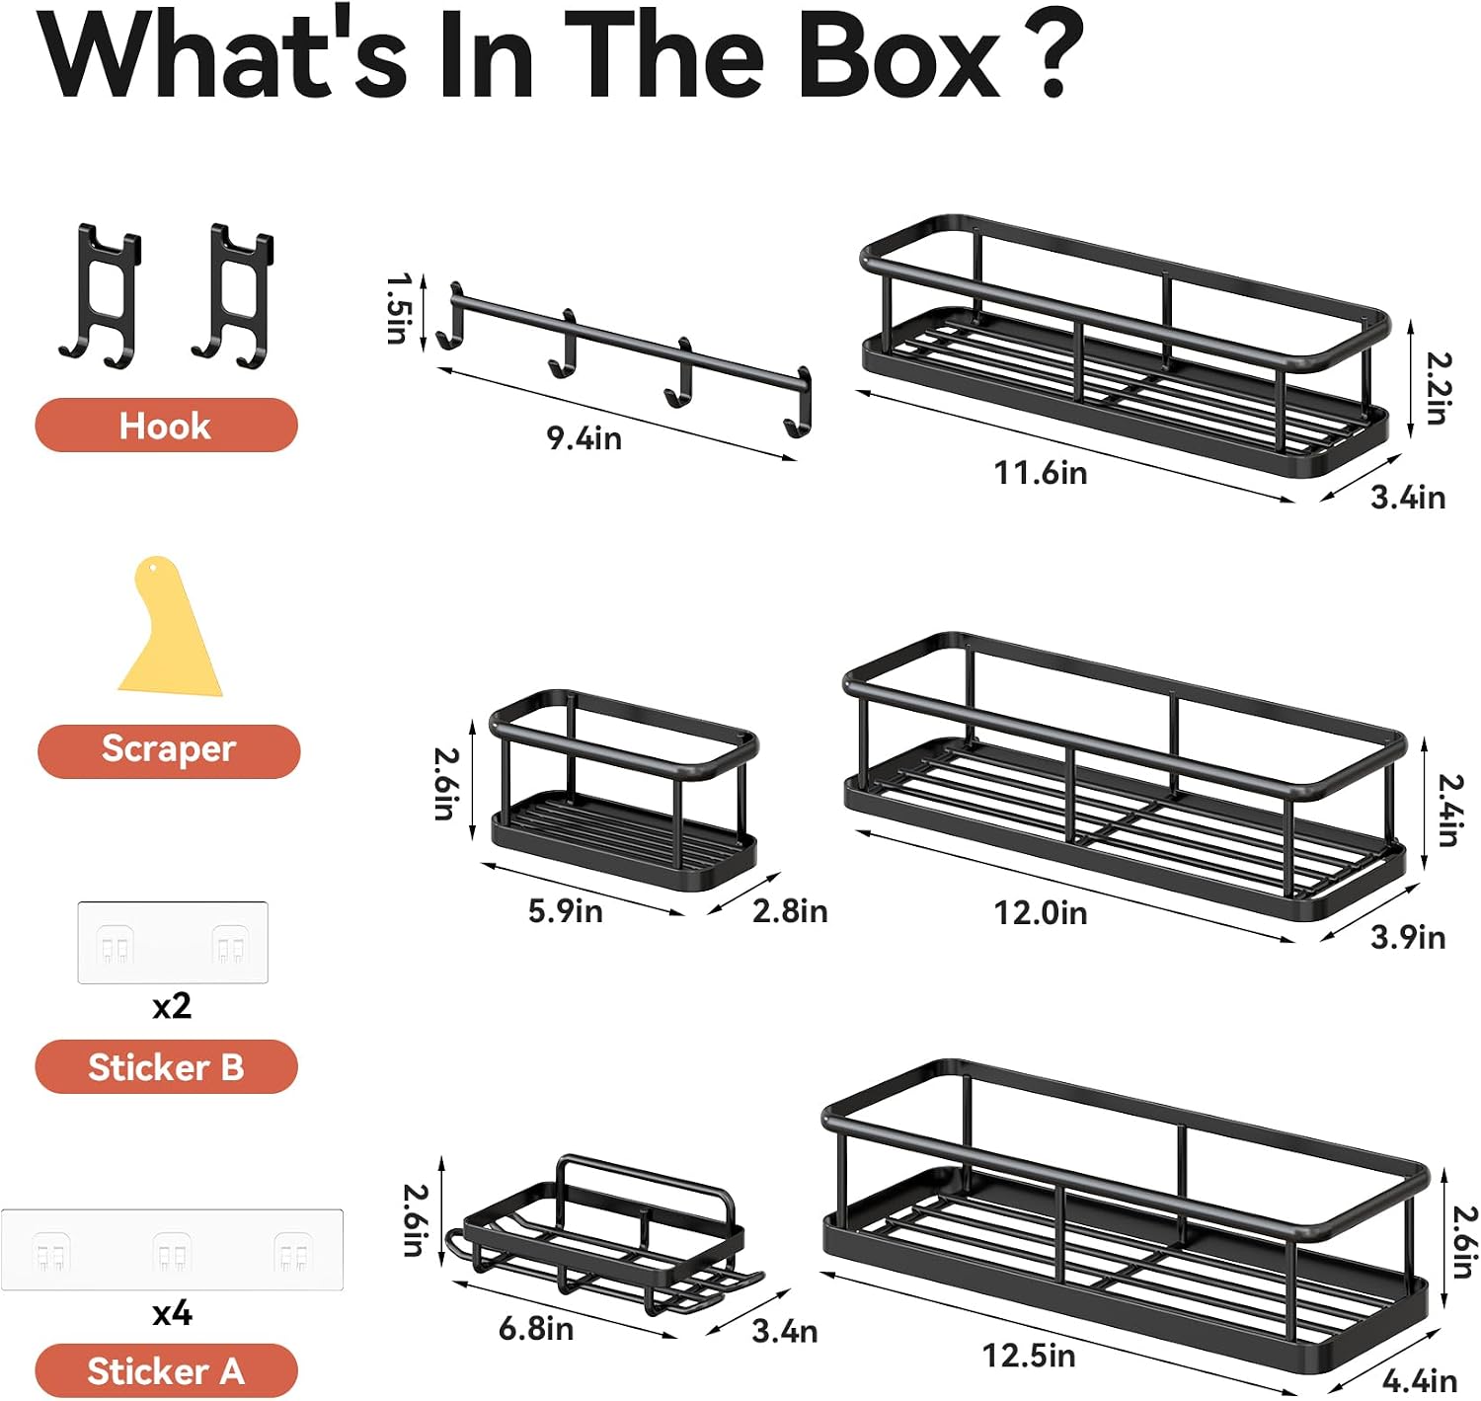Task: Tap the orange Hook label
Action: [167, 426]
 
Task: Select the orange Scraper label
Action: [169, 750]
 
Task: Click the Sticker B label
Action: [167, 1066]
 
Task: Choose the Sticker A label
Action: [167, 1370]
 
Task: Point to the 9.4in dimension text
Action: [585, 438]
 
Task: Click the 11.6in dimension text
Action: [1041, 473]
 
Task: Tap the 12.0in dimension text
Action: [1041, 913]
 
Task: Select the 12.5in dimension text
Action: [1030, 1355]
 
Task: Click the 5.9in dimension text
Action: [566, 910]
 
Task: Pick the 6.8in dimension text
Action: [536, 1329]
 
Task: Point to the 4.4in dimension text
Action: [1420, 1380]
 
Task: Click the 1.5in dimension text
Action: [399, 309]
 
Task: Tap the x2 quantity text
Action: [172, 1005]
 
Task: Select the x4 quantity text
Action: [172, 1313]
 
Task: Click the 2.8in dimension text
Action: [790, 910]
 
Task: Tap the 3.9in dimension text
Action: [1408, 937]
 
